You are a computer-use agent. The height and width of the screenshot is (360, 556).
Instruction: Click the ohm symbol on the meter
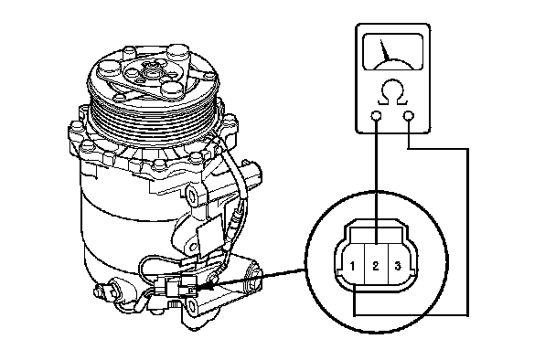tap(393, 93)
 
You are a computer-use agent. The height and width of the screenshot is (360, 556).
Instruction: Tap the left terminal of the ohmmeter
tap(376, 116)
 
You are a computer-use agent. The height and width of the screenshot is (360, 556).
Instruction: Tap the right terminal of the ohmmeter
tap(409, 116)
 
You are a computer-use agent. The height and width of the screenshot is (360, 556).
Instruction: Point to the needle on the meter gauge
tap(385, 51)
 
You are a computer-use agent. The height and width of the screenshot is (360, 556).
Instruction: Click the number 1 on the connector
tap(352, 266)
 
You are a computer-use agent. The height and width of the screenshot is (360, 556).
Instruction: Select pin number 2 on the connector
tap(376, 266)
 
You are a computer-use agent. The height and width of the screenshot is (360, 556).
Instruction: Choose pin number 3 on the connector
tap(398, 266)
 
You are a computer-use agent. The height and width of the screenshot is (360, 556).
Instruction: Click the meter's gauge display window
tap(393, 52)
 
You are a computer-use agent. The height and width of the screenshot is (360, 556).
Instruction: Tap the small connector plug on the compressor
tap(176, 287)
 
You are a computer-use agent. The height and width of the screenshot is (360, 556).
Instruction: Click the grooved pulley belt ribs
tap(153, 117)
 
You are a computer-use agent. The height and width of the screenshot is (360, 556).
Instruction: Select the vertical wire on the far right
tap(468, 232)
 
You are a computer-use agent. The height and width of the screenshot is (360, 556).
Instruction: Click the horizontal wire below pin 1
tap(411, 315)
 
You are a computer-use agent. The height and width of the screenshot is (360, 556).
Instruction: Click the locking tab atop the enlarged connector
tap(376, 235)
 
